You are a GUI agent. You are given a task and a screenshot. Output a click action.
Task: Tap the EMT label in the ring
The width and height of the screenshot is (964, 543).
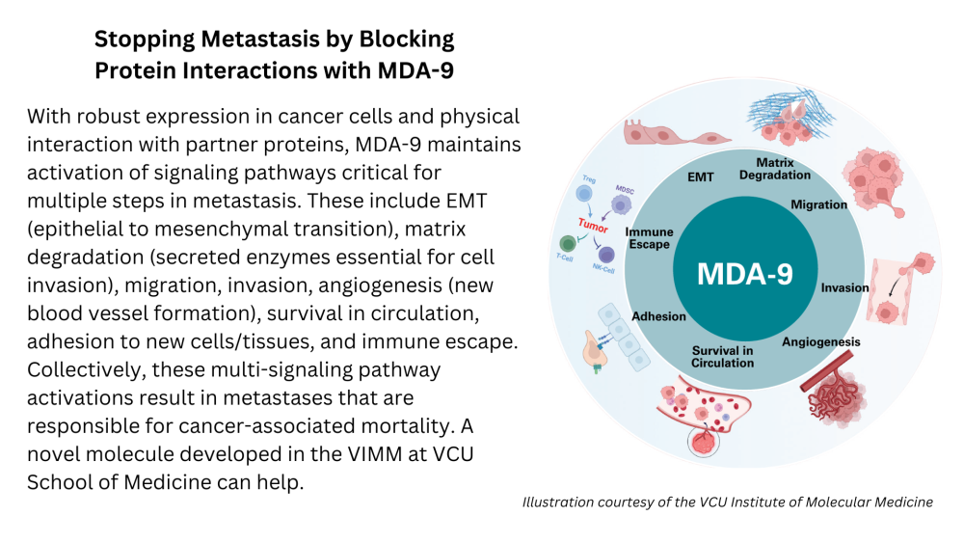tap(700, 177)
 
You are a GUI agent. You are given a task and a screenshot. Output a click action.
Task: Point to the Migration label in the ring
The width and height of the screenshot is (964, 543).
tap(818, 204)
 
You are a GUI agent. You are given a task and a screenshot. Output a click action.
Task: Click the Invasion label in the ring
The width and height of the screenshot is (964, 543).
tap(844, 287)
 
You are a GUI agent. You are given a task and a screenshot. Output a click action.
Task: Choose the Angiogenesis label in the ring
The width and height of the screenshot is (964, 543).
tap(820, 341)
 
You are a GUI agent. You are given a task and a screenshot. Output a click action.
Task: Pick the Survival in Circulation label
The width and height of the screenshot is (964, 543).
tap(722, 356)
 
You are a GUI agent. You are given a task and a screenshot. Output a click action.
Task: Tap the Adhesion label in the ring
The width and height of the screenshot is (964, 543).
tap(658, 316)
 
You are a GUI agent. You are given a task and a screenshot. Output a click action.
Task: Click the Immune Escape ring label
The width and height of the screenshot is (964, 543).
tap(649, 238)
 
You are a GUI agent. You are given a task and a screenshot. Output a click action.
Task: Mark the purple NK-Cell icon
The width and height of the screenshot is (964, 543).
tap(606, 255)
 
